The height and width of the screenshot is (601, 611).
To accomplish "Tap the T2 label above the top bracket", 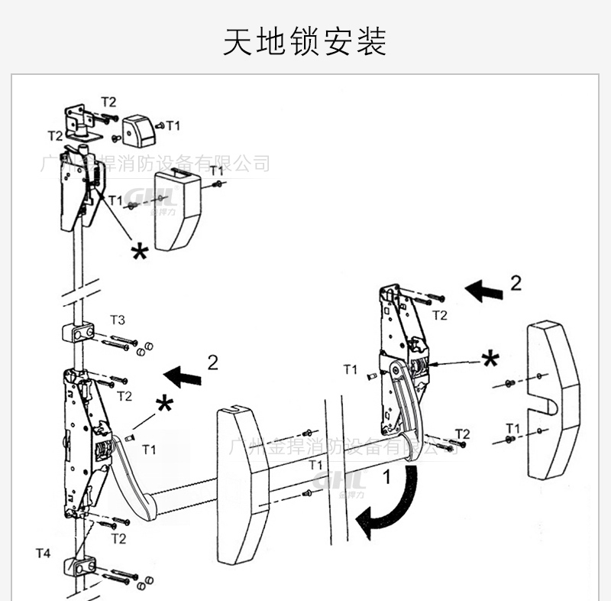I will [108, 102].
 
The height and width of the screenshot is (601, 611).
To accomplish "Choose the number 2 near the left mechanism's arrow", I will [212, 362].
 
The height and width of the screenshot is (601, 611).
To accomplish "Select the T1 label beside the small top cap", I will [173, 125].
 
